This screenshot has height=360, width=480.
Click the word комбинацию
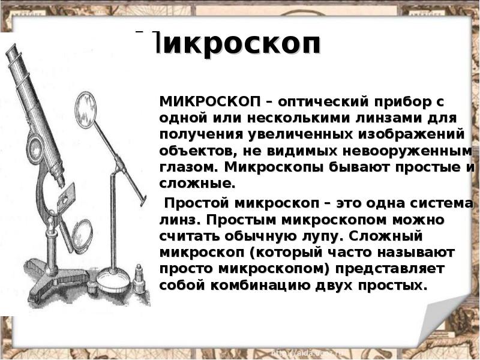[x=260, y=286]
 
